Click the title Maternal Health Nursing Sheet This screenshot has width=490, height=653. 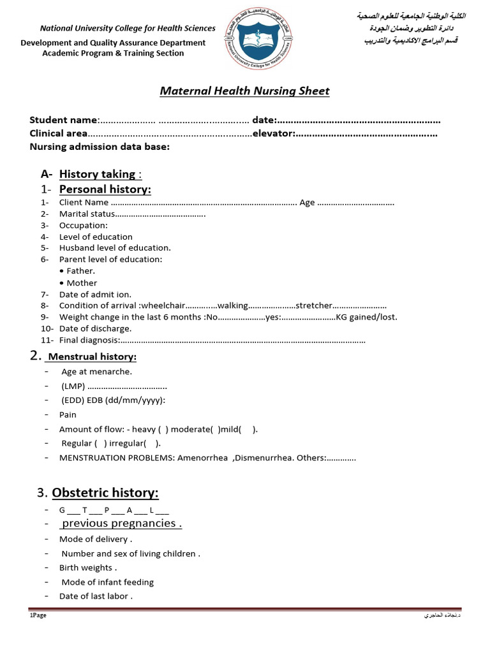click(x=244, y=91)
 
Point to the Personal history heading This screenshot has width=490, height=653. click(x=105, y=189)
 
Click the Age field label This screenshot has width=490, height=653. click(x=307, y=203)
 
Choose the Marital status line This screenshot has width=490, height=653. click(x=87, y=214)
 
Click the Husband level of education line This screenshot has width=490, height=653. click(x=115, y=248)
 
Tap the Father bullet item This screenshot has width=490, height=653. click(x=80, y=271)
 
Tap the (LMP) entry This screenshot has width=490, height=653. click(x=73, y=386)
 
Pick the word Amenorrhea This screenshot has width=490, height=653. click(x=202, y=458)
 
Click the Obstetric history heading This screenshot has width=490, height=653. click(x=105, y=493)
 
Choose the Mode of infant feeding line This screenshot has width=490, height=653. click(x=107, y=582)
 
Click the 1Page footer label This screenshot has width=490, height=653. click(x=38, y=615)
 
